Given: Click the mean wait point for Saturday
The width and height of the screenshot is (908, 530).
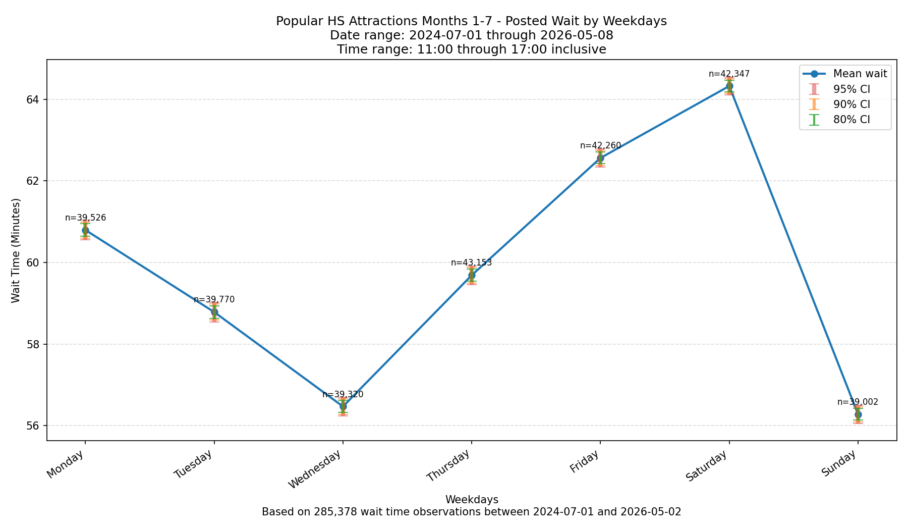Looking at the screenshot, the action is coord(729,86).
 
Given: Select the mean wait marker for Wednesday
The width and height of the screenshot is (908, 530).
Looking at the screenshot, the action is coord(343,406).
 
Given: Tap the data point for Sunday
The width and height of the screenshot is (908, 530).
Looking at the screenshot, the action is coord(858,414).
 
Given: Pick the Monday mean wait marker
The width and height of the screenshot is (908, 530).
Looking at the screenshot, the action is coord(85,230).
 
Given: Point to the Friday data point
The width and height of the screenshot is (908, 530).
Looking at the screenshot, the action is coord(600,158).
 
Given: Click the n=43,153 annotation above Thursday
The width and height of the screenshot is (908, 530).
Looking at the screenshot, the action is coord(471,262).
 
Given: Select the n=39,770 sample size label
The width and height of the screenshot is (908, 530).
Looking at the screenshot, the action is coord(214,299).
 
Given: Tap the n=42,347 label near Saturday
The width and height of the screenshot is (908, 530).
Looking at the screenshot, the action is coord(729,74).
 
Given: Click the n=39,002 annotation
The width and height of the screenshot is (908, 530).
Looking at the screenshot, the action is coord(858,402).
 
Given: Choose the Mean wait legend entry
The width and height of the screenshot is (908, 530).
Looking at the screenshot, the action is coord(845,74).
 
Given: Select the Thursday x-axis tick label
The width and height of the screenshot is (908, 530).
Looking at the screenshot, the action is coord(448,465).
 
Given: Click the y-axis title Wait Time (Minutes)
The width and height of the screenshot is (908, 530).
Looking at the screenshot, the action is coord(16,250).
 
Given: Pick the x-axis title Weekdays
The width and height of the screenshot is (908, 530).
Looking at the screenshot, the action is coord(472,500).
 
